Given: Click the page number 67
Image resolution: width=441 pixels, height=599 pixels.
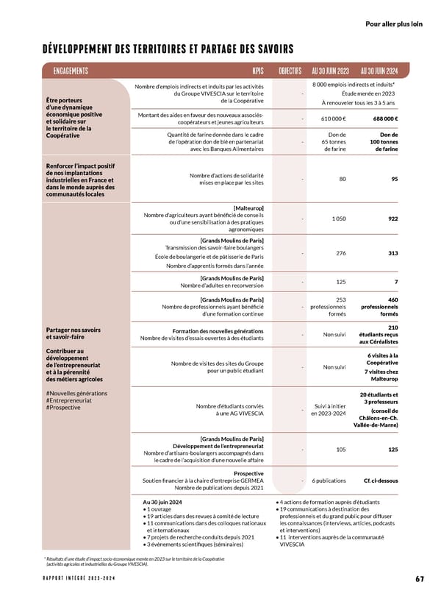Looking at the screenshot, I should [x=420, y=579].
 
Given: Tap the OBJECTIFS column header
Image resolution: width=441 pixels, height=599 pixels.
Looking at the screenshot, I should [x=290, y=71].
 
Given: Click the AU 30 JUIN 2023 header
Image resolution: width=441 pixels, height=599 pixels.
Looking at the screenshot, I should [x=330, y=71].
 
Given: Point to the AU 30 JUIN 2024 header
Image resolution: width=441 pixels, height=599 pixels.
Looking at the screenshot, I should [x=379, y=71].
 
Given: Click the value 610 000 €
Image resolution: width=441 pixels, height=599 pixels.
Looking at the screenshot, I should [x=334, y=118].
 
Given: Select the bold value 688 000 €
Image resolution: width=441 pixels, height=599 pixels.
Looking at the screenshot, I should [x=385, y=118].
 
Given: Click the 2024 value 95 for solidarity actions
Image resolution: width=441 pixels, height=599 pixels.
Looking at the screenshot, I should [x=395, y=179].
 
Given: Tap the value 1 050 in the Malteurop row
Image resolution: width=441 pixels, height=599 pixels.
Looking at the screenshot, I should [x=339, y=219].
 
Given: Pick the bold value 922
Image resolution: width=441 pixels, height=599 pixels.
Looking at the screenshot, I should [x=392, y=219].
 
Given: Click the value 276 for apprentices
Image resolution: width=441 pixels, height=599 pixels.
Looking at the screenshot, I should [x=341, y=253].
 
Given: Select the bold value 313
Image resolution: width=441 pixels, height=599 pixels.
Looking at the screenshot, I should [x=392, y=253].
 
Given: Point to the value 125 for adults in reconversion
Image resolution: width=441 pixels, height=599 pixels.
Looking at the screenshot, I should [x=341, y=282].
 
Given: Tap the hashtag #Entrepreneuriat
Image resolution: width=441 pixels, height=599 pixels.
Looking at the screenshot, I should [x=68, y=400].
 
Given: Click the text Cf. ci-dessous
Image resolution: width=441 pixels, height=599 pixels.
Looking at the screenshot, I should [x=381, y=481].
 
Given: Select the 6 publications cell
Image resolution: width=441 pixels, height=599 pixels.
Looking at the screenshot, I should [x=329, y=481].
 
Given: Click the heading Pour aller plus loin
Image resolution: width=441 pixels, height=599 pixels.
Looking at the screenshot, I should [x=394, y=24].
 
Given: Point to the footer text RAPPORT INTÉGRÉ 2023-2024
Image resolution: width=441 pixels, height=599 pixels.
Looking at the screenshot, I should [x=79, y=579].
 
